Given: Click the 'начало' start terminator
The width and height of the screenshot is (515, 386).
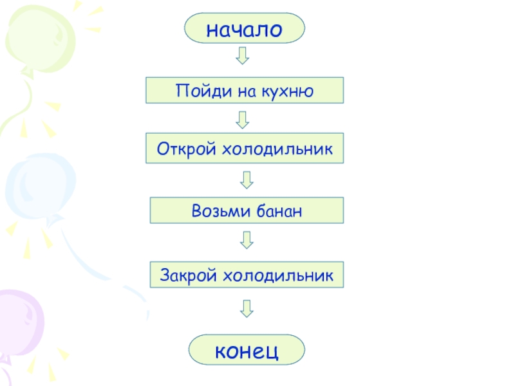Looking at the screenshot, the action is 244,28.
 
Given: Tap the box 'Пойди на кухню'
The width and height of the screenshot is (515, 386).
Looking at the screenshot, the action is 245,90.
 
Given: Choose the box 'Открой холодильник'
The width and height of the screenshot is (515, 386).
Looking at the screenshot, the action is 245,148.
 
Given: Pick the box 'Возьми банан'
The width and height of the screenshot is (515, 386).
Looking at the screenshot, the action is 247,210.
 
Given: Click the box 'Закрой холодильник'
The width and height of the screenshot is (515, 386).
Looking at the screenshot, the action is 247,275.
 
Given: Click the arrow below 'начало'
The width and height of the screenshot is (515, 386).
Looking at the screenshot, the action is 242,55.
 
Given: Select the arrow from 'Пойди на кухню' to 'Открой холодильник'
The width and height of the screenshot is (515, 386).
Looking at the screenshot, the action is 243,118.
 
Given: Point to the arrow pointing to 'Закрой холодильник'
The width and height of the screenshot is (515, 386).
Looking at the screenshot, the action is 247,241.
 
